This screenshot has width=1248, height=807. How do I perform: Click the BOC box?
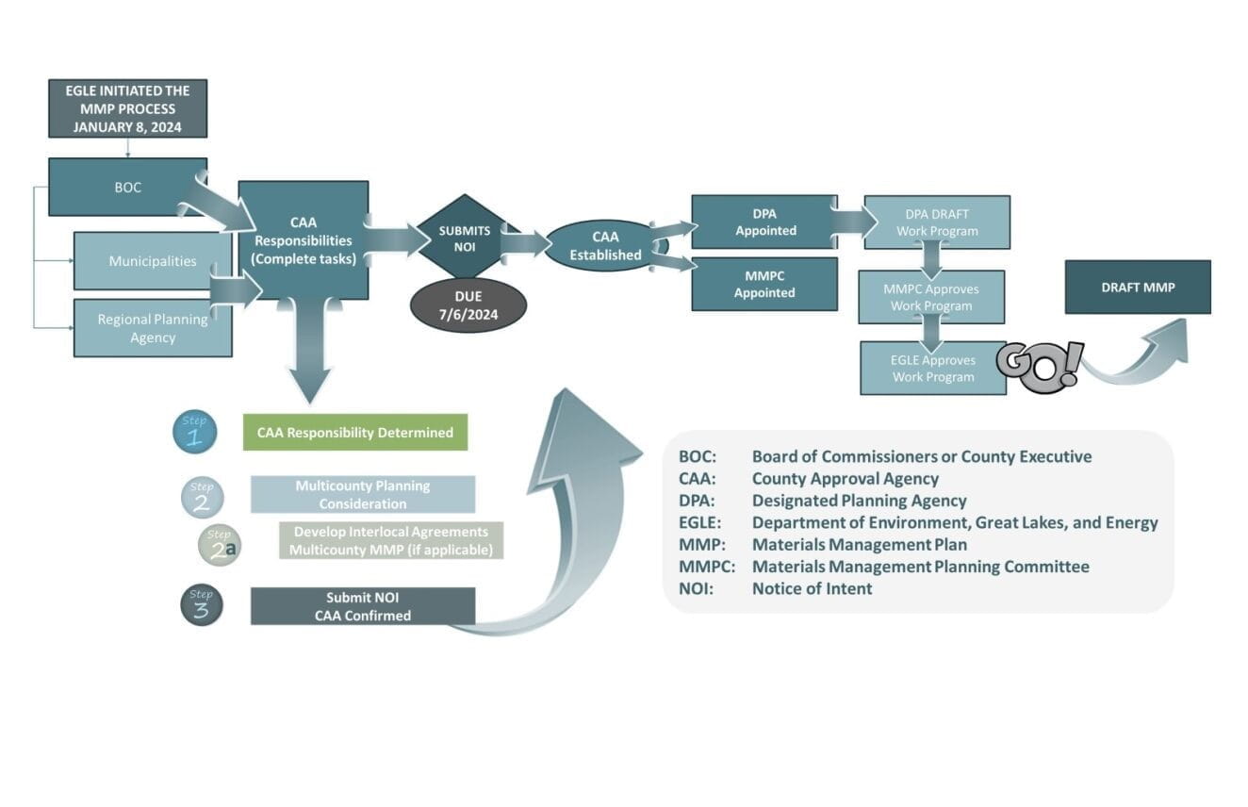[x=127, y=187]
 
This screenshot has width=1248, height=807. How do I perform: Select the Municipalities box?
[x=152, y=261]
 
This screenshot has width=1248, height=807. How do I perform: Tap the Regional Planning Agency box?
[x=152, y=328]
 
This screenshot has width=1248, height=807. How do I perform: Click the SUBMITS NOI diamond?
[x=464, y=238]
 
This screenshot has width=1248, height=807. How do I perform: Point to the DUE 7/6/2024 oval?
[x=468, y=305]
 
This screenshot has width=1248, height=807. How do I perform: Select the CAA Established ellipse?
[x=604, y=245]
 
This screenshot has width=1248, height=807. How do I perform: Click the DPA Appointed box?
[x=764, y=222]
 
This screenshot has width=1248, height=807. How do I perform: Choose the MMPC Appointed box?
[x=764, y=284]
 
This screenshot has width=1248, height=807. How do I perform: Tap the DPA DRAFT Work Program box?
[x=936, y=222]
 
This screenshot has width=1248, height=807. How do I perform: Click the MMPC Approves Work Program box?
[x=930, y=297]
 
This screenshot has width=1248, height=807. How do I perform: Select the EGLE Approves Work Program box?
[x=932, y=368]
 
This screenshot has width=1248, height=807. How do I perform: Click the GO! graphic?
[x=1040, y=367]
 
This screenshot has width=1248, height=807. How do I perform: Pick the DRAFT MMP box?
[x=1137, y=288]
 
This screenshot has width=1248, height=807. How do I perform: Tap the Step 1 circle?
[x=194, y=433]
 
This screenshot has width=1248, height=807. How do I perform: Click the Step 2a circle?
[x=219, y=546]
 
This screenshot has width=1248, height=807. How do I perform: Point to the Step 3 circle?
[x=201, y=605]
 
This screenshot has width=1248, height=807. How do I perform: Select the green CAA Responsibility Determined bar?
[x=354, y=433]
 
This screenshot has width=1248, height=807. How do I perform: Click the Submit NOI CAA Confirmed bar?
[x=362, y=606]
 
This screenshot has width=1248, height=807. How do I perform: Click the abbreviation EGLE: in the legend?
[x=699, y=522]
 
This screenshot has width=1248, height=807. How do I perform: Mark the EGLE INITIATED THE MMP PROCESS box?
[x=127, y=108]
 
